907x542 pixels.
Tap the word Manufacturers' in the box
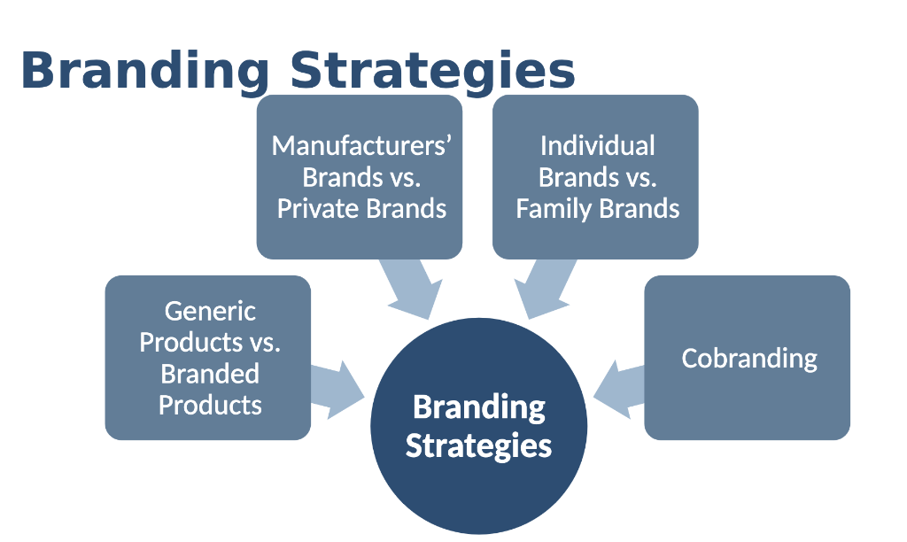click(361, 145)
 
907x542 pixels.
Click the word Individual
click(597, 145)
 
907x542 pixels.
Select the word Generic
click(210, 311)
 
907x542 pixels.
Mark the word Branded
click(210, 374)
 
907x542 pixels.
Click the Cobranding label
click(748, 359)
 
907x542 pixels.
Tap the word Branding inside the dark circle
click(478, 407)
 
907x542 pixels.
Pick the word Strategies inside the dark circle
click(478, 445)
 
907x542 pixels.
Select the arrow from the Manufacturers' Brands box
click(410, 289)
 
